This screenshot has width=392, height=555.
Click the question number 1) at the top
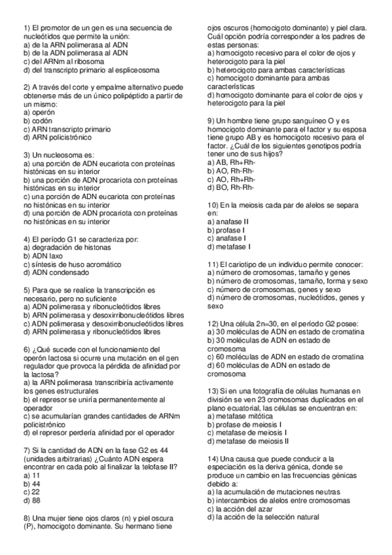tap(27, 28)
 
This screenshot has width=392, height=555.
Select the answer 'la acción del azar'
tap(245, 509)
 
